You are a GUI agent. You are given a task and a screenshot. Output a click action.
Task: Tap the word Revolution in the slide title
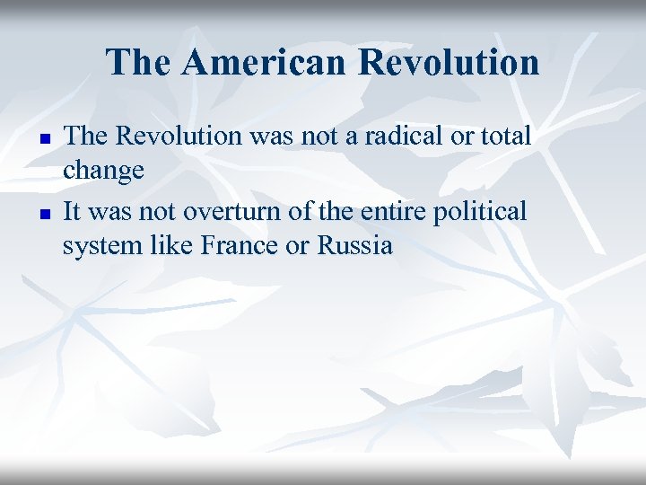[x=449, y=63]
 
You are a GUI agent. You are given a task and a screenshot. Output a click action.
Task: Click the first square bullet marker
[x=41, y=140]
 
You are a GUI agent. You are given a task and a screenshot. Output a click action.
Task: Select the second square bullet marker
[x=41, y=215]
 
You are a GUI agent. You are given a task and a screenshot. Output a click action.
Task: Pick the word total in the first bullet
[x=507, y=137]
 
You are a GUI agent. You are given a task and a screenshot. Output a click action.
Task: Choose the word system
[x=97, y=245]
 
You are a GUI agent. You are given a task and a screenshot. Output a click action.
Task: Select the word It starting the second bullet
[x=73, y=211]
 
